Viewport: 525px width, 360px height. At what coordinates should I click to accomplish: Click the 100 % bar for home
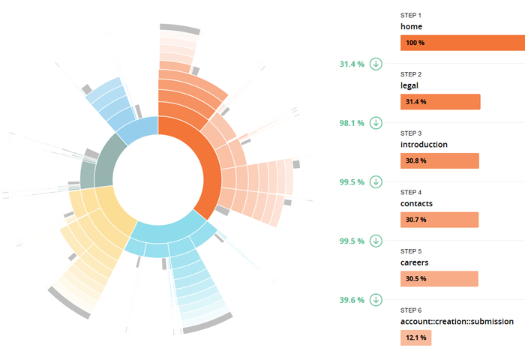pyautogui.click(x=461, y=43)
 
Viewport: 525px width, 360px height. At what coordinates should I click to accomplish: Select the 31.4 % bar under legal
pyautogui.click(x=439, y=102)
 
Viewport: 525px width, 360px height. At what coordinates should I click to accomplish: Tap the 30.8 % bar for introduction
pyautogui.click(x=439, y=160)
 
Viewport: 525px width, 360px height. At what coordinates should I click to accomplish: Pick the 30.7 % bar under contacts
pyautogui.click(x=439, y=220)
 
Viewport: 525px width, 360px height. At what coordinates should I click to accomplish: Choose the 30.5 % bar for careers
pyautogui.click(x=439, y=279)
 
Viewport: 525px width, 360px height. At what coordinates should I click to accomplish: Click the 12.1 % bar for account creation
pyautogui.click(x=415, y=337)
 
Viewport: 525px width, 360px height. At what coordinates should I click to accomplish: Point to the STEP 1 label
pyautogui.click(x=411, y=15)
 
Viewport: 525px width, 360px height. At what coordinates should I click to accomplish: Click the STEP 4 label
pyautogui.click(x=411, y=192)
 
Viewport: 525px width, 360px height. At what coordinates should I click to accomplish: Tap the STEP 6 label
pyautogui.click(x=411, y=310)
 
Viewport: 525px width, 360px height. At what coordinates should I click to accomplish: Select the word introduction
pyautogui.click(x=424, y=144)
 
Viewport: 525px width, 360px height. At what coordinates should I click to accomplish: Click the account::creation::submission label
pyautogui.click(x=457, y=321)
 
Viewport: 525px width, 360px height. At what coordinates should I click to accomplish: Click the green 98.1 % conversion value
pyautogui.click(x=352, y=123)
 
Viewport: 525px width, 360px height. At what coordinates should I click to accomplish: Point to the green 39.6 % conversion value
pyautogui.click(x=352, y=300)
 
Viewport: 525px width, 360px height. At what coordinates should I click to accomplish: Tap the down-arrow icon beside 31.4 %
pyautogui.click(x=376, y=64)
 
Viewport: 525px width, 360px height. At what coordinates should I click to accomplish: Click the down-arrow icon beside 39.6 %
pyautogui.click(x=376, y=300)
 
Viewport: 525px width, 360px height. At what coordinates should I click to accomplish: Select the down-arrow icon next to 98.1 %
pyautogui.click(x=376, y=123)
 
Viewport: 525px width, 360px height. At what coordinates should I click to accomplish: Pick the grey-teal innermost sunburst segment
pyautogui.click(x=97, y=161)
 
